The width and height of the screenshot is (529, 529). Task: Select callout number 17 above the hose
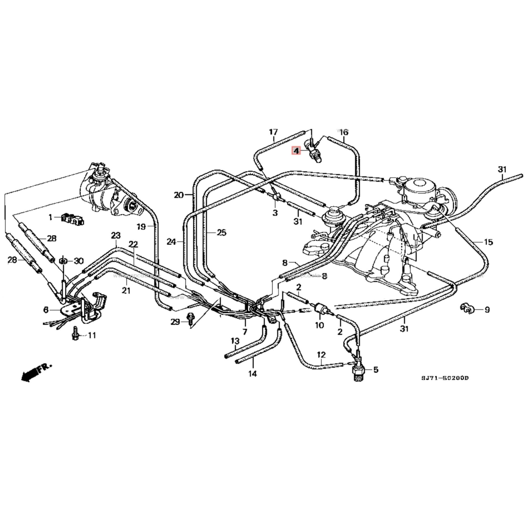click(273, 132)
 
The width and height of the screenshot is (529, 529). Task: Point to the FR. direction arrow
click(36, 372)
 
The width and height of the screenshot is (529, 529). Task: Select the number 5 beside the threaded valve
click(376, 370)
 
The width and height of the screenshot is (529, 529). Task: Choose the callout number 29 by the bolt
click(175, 322)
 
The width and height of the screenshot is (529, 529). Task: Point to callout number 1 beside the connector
click(50, 217)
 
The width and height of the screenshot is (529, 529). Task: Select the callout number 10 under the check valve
click(320, 325)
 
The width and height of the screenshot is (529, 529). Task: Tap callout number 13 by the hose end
click(235, 341)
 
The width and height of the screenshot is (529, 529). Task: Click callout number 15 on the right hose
click(488, 242)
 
